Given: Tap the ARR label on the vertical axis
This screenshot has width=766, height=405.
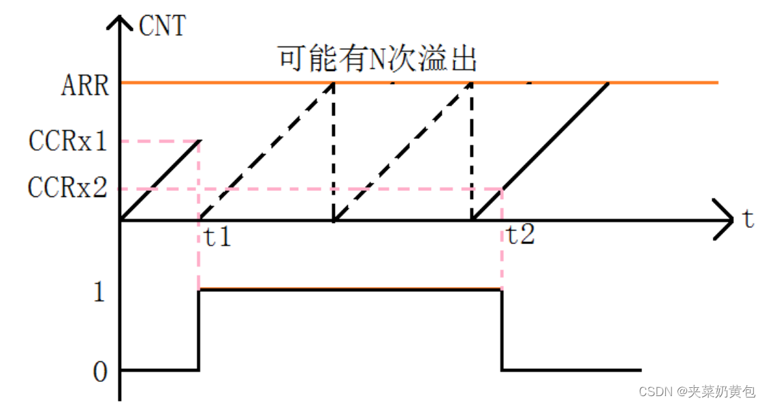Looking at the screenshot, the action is (x=84, y=87).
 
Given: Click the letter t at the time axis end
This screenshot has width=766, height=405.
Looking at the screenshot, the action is (x=748, y=220).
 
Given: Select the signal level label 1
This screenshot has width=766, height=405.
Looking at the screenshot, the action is (x=100, y=292).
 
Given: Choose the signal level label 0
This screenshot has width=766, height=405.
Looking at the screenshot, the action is (x=100, y=371).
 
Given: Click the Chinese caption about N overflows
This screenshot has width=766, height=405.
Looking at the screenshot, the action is (x=377, y=59).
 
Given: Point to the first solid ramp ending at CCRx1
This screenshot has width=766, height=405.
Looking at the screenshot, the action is (x=159, y=181).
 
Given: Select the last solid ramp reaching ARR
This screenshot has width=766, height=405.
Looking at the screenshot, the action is (x=539, y=151).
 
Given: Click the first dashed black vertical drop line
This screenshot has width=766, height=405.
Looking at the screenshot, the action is (x=333, y=151).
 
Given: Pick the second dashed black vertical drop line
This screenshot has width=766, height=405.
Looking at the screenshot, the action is (x=472, y=151).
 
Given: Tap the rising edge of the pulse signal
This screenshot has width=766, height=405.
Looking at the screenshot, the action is (x=198, y=331).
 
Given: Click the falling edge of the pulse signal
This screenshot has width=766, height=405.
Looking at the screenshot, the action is (x=502, y=331).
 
